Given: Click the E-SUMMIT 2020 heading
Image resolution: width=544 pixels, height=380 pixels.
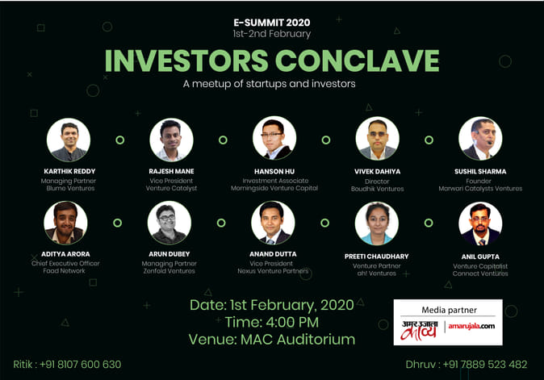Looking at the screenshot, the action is click(272, 23).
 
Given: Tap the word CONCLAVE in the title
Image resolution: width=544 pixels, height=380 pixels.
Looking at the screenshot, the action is click(358, 61).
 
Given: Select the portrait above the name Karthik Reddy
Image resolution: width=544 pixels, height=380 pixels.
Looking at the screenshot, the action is click(69, 140).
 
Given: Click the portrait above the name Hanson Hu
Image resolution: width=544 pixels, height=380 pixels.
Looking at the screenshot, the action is click(274, 138).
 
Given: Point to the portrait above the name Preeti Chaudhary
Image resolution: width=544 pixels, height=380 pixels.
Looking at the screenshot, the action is click(377, 223).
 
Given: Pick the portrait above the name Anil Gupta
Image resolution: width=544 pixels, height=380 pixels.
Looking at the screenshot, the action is click(480, 223).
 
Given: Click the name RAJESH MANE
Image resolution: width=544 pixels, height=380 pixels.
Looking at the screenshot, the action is click(171, 171).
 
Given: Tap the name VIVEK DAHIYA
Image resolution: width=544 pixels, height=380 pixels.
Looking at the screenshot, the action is click(377, 172).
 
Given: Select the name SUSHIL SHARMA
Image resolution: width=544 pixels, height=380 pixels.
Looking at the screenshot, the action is click(480, 172).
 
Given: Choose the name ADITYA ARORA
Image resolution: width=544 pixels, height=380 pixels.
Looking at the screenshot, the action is click(65, 254).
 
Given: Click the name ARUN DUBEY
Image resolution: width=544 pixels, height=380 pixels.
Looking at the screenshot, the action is click(169, 254).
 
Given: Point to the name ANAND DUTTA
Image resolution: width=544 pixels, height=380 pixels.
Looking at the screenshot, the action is click(273, 254).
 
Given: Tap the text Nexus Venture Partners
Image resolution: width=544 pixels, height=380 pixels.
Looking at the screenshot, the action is click(273, 271).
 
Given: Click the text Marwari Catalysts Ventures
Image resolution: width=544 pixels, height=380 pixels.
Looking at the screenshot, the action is click(480, 189).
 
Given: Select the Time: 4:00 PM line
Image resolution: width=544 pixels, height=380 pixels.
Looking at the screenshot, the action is click(272, 323).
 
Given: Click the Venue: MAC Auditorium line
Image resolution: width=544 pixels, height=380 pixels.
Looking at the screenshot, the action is click(272, 340).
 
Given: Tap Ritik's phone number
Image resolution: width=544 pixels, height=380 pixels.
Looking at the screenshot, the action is click(80, 365).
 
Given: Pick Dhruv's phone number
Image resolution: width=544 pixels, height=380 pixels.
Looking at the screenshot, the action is click(485, 365).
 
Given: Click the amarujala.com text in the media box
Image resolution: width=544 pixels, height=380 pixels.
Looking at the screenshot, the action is click(471, 326).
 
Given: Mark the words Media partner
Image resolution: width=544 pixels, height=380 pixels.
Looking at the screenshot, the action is click(449, 310).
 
